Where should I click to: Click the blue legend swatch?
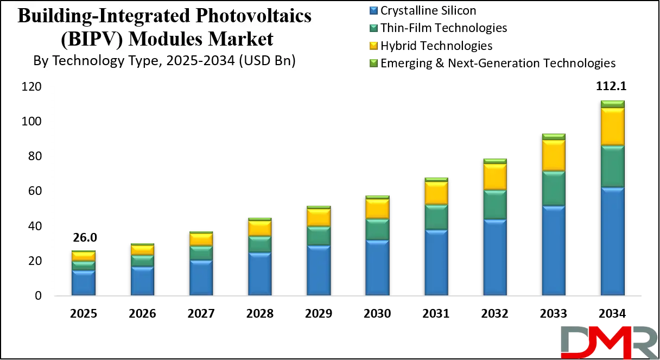[373, 10]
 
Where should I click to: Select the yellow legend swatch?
[373, 45]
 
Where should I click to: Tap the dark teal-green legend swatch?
[373, 28]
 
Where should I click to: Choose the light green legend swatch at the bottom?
[373, 63]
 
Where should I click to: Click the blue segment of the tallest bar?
[612, 241]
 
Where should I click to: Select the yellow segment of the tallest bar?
[612, 127]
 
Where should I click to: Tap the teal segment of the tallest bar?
[612, 166]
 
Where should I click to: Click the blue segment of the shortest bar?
[84, 282]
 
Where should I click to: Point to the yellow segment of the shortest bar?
[84, 256]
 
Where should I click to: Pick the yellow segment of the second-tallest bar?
[553, 155]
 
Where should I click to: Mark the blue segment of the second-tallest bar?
[553, 250]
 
